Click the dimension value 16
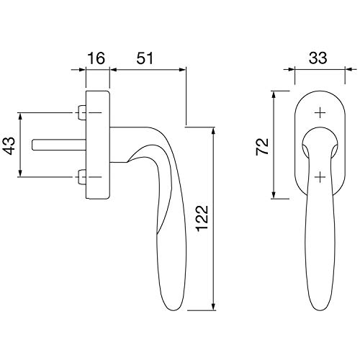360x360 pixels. tap(96, 58)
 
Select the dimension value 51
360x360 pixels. tap(145, 58)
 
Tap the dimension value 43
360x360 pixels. tap(9, 145)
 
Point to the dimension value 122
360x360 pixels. tap(202, 218)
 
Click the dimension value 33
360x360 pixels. tap(318, 58)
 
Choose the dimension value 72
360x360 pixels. tap(262, 147)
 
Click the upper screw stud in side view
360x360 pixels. tap(82, 112)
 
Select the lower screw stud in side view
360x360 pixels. tap(82, 177)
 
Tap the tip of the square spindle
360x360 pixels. tap(32, 145)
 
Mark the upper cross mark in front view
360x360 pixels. tap(320, 112)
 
